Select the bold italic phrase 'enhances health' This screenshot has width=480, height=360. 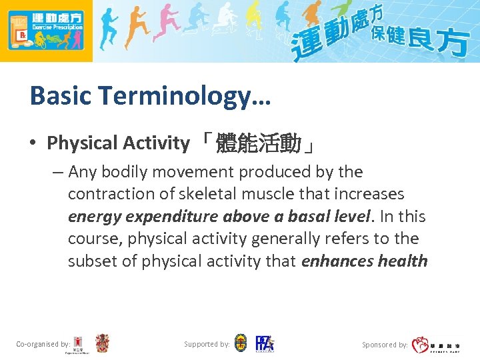coord(364,261)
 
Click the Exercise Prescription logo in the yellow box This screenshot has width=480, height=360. coord(46,31)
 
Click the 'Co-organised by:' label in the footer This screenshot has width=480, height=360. coord(43,345)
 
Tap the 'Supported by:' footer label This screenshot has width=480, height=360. coord(207,345)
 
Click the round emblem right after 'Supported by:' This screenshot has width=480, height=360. coord(241,344)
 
